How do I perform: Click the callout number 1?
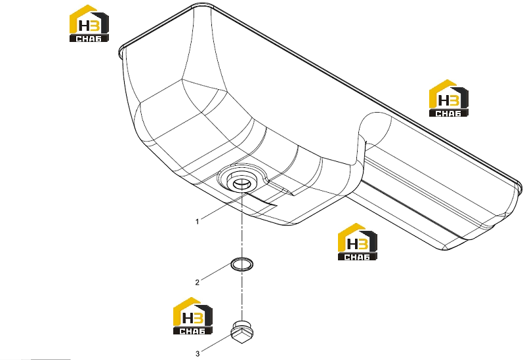tap(198, 222)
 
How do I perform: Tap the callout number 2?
tap(198, 283)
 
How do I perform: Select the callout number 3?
tap(198, 353)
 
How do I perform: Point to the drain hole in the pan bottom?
tap(241, 183)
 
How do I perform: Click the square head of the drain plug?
tap(241, 336)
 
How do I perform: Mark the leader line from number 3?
tap(217, 342)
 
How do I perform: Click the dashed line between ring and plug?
tap(241, 295)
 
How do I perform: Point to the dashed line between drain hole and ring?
tap(241, 224)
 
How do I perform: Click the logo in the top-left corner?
tap(89, 24)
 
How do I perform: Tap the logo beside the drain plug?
tap(192, 316)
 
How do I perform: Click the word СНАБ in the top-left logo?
tap(89, 39)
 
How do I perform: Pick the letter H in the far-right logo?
tap(444, 100)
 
